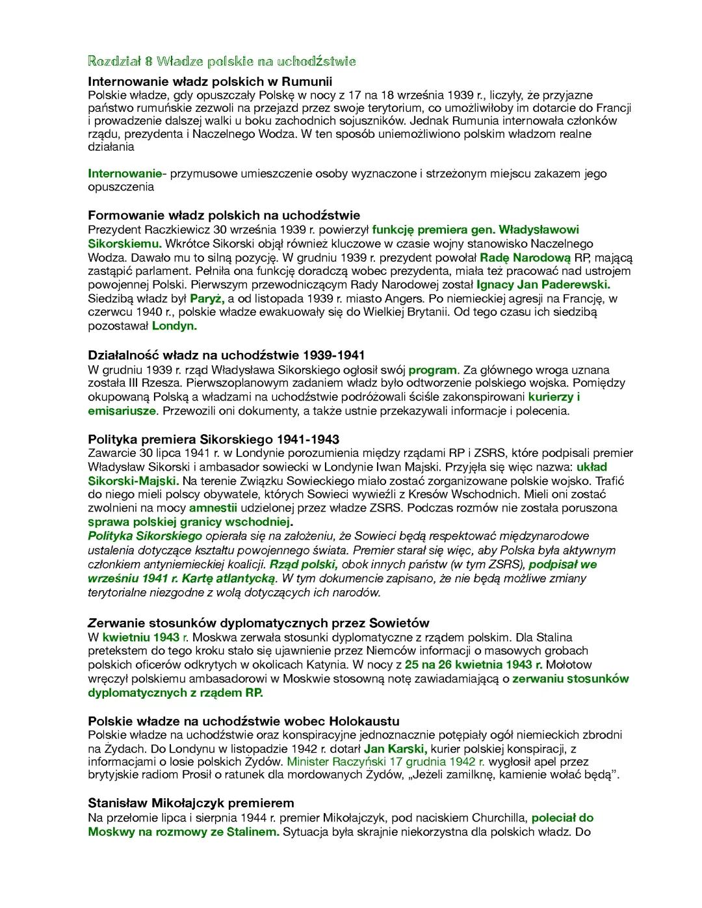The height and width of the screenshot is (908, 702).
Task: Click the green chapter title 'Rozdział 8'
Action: pyautogui.click(x=120, y=62)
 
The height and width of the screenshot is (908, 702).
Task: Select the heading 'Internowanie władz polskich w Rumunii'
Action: pyautogui.click(x=209, y=82)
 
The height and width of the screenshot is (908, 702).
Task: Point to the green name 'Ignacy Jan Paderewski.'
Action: pyautogui.click(x=543, y=285)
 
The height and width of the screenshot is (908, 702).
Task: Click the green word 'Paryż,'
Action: pyautogui.click(x=207, y=298)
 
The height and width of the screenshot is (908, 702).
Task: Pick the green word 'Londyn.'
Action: pyautogui.click(x=174, y=326)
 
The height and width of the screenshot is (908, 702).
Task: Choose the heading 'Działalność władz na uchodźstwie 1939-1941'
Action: pyautogui.click(x=226, y=355)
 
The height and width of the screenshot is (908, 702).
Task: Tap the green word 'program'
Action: pyautogui.click(x=433, y=370)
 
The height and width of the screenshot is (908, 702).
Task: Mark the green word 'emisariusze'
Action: pyautogui.click(x=122, y=411)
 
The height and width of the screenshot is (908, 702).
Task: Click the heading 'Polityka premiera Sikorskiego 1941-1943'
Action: pyautogui.click(x=213, y=439)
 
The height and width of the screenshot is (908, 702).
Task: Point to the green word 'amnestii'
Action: pyautogui.click(x=213, y=508)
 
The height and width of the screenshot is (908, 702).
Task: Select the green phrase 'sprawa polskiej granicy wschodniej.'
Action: pyautogui.click(x=190, y=521)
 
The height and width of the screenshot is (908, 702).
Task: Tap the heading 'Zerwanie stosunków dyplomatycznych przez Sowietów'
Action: pyautogui.click(x=259, y=623)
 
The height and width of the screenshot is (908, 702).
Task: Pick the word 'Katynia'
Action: pyautogui.click(x=324, y=664)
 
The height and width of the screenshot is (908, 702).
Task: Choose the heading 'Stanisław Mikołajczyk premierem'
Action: pyautogui.click(x=191, y=803)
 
